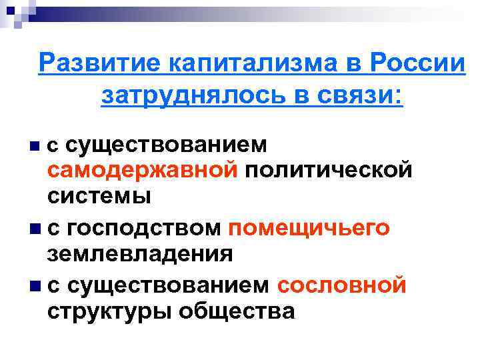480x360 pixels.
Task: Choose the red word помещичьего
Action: coord(309,229)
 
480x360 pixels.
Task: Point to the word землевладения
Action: coord(140,254)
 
